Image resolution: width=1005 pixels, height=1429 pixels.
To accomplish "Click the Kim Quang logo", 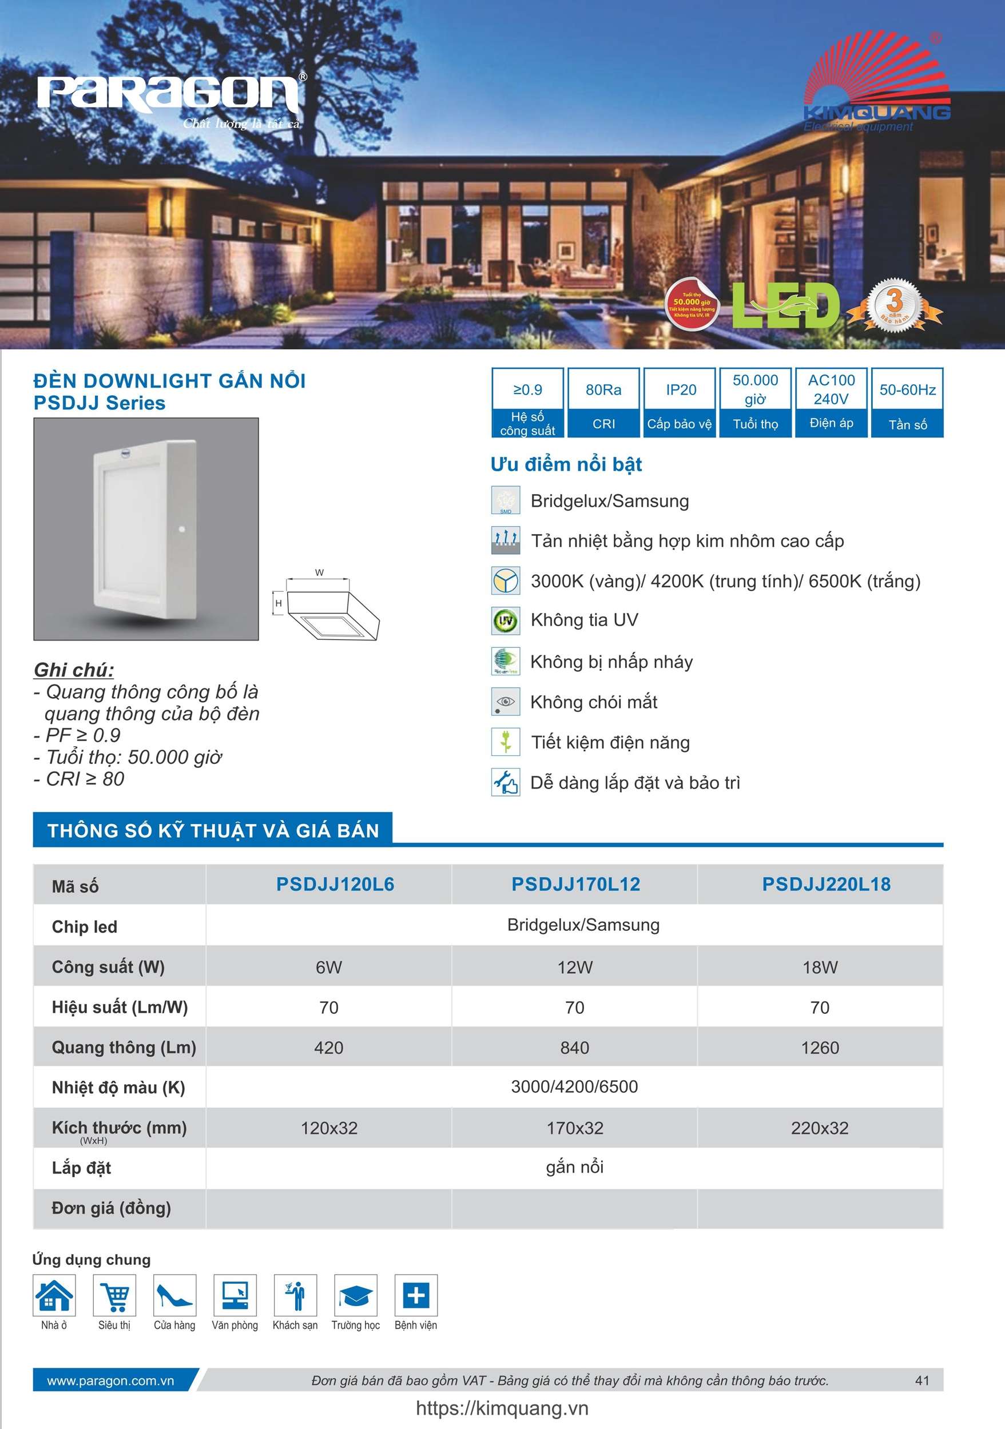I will [877, 84].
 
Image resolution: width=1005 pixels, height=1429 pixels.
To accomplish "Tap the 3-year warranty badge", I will [895, 305].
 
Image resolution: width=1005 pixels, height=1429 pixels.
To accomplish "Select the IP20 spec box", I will [680, 402].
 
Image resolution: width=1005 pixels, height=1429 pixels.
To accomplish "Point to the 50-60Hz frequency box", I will [907, 402].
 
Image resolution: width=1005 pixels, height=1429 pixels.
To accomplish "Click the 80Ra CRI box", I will [603, 402].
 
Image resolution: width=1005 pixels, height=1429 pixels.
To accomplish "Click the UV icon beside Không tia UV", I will [505, 620].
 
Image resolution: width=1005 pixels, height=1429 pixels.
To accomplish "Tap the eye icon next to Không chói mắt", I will [505, 702].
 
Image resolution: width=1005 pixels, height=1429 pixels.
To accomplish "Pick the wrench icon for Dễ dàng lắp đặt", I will [505, 782].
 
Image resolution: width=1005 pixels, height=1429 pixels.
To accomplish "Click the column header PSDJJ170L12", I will [575, 884].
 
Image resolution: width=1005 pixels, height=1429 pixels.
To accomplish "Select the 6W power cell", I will [329, 967].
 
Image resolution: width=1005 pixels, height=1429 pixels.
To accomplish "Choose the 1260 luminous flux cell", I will [820, 1048].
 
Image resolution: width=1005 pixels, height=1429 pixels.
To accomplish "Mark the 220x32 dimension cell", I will [820, 1128].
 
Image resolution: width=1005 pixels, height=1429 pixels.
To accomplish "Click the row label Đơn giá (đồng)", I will [111, 1208].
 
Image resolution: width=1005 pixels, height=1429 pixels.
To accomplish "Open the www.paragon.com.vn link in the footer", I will [110, 1380].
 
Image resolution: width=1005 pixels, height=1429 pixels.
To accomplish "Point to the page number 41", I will [922, 1380].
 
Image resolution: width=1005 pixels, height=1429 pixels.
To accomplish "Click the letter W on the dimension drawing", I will [319, 572].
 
